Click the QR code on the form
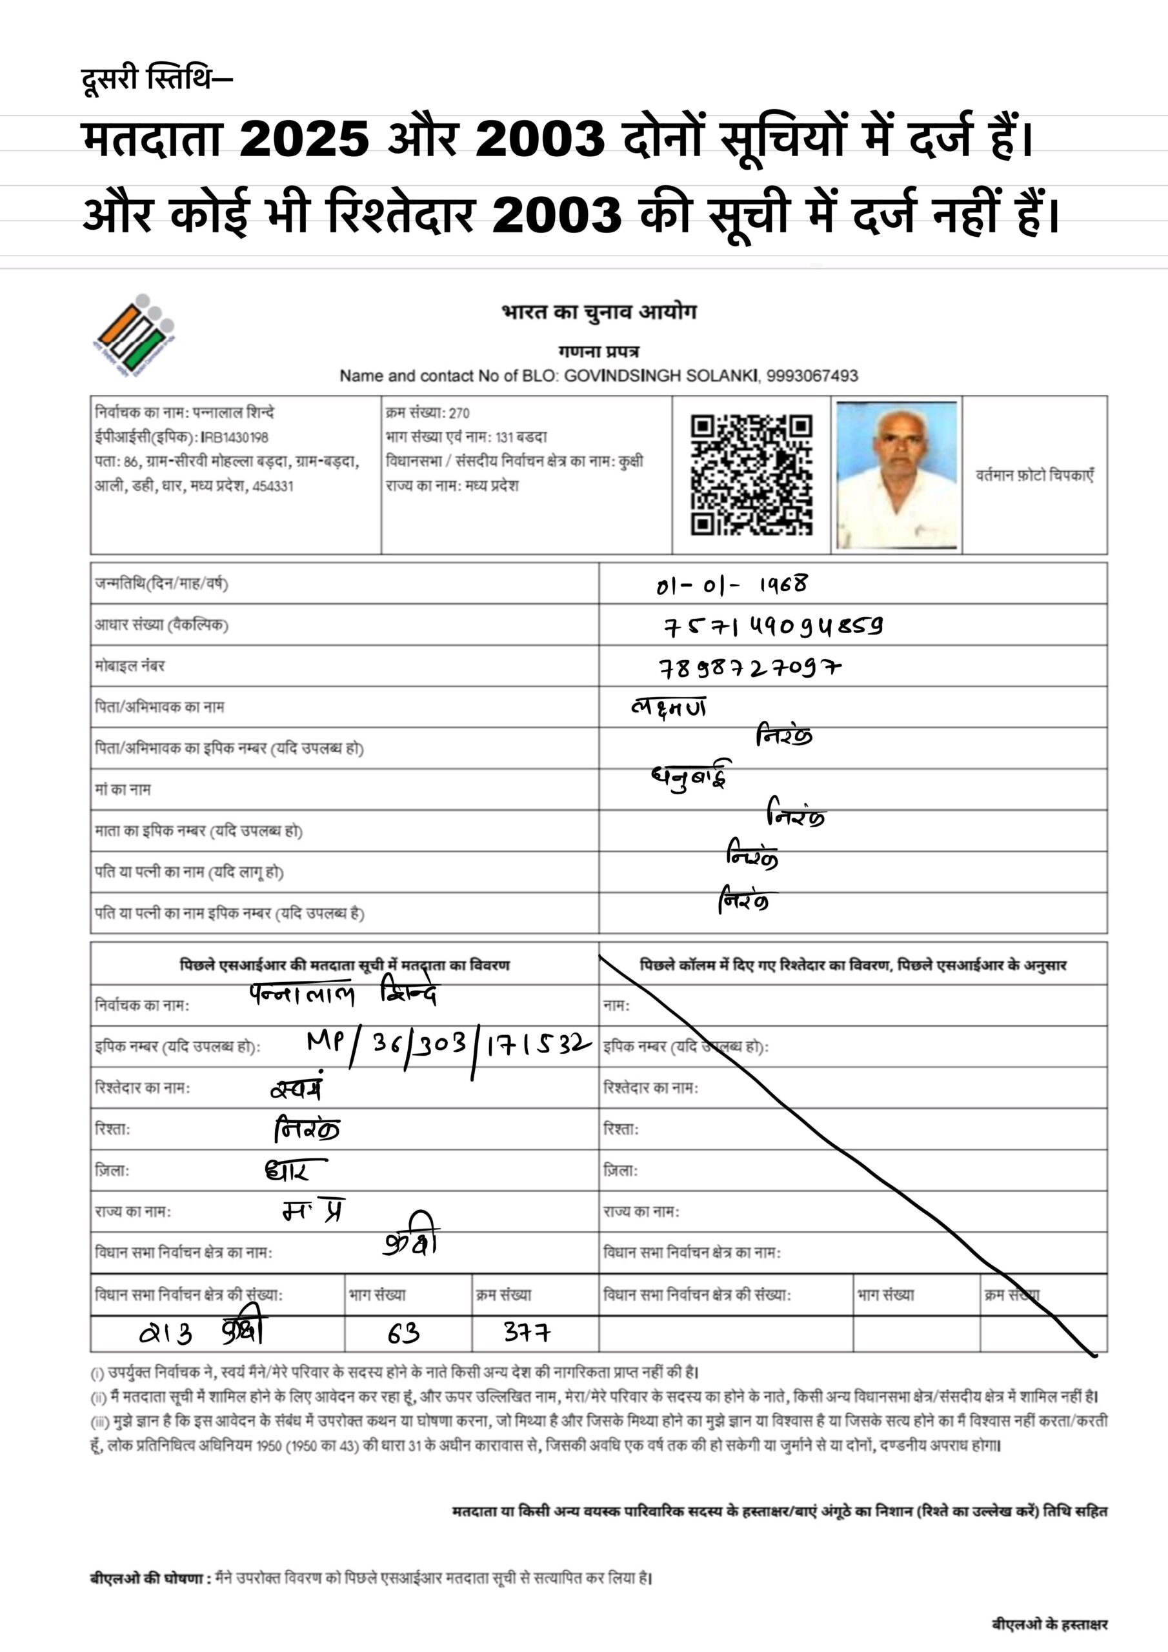(751, 474)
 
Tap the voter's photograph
(897, 475)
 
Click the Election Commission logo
(136, 336)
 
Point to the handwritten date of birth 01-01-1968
(731, 584)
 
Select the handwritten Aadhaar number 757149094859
(772, 626)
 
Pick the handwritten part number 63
(403, 1333)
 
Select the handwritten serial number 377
(527, 1333)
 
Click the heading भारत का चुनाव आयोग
(599, 312)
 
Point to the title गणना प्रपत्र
(599, 352)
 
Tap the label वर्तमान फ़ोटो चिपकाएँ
(1034, 475)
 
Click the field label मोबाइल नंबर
(130, 666)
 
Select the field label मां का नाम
(123, 789)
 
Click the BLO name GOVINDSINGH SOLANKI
(661, 376)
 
